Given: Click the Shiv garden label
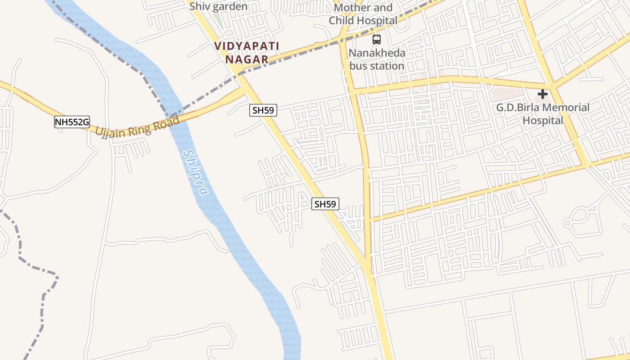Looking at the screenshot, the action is (218, 7).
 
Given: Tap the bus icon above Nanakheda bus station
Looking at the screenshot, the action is (377, 40).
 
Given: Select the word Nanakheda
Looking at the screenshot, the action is (377, 53).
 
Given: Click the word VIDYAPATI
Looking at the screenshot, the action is (247, 46).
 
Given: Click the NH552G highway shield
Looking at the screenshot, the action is (72, 121).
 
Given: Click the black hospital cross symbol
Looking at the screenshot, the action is (543, 94).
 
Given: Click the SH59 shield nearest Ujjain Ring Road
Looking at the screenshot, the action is (263, 110).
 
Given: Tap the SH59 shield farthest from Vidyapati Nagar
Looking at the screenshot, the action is (325, 204).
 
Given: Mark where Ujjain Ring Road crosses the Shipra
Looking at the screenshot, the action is (177, 118).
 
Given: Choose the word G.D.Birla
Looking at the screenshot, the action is (518, 108).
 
